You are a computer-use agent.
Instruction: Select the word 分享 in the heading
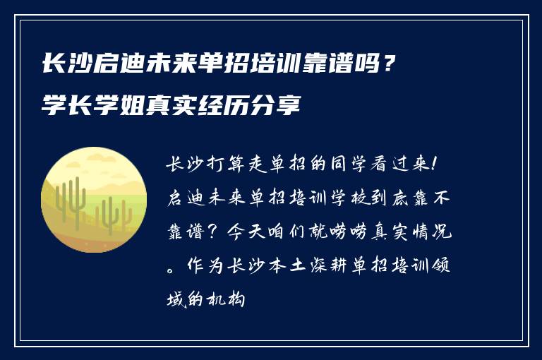point(283,108)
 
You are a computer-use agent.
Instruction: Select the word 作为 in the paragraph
point(203,266)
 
